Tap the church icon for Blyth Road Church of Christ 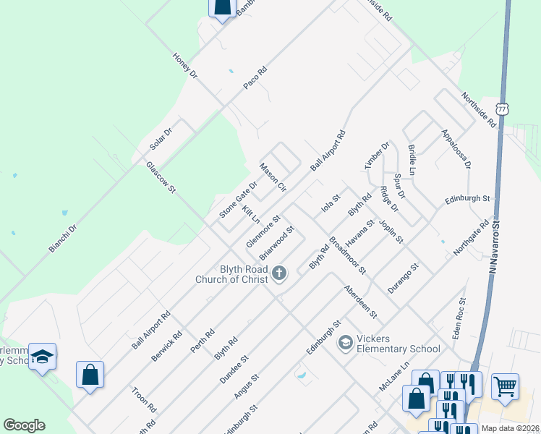click(280, 273)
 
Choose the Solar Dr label click(161, 139)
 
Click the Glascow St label click(161, 177)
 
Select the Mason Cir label click(274, 178)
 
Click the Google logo click(24, 425)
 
